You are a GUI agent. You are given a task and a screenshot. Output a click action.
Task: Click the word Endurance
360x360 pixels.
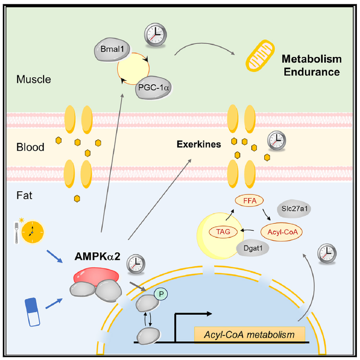click(312, 71)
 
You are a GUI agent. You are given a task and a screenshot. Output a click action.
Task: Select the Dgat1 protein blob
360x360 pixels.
click(252, 248)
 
